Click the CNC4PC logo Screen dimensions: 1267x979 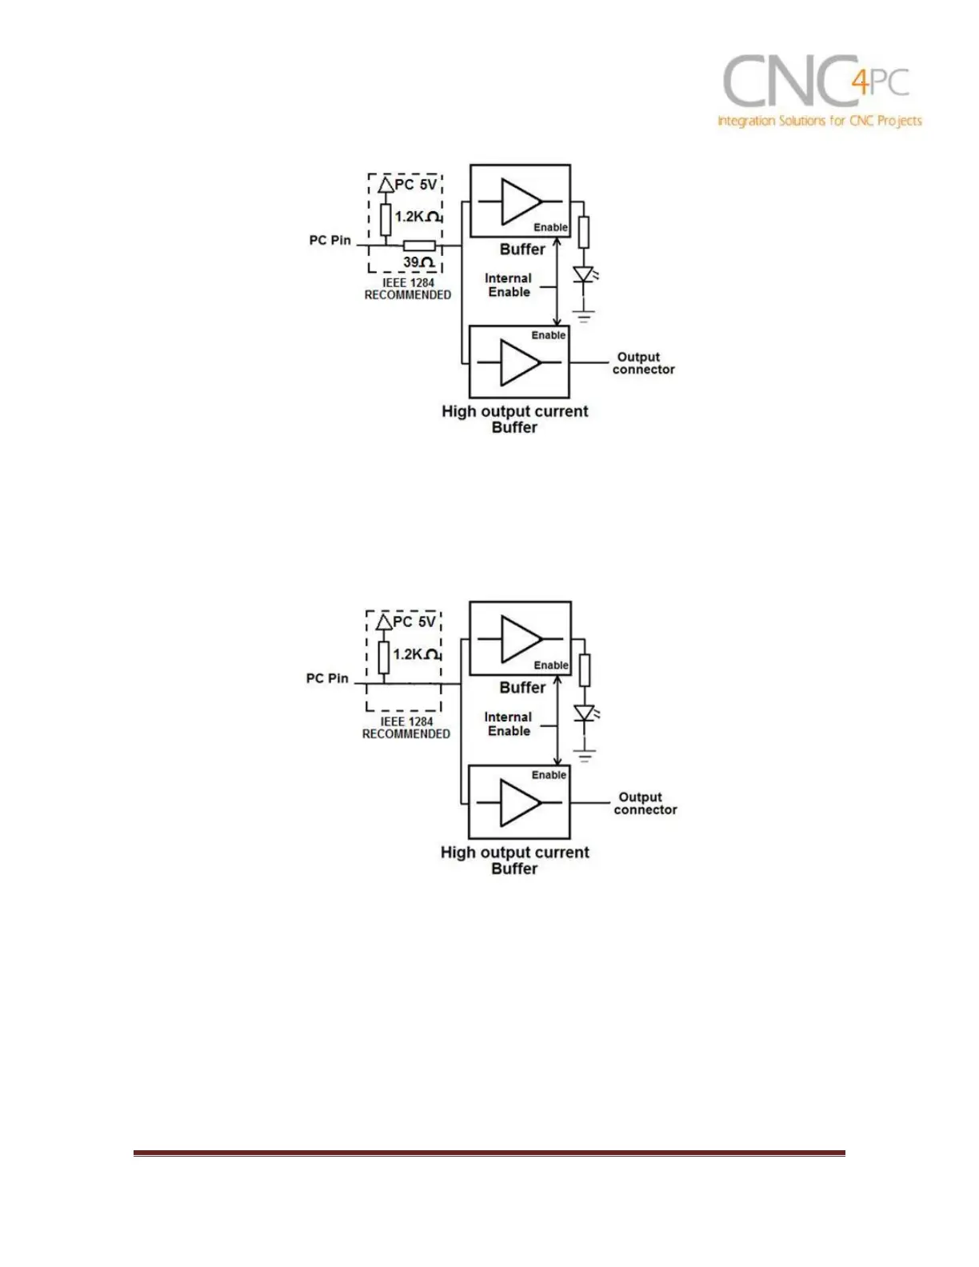[x=819, y=92]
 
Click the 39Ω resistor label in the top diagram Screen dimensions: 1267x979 [x=418, y=262]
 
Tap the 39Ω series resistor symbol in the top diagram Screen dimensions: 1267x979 [x=418, y=246]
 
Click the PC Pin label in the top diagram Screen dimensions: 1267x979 [x=330, y=240]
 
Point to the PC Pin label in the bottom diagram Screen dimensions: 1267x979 [x=327, y=678]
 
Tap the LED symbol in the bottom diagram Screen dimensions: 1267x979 [x=585, y=713]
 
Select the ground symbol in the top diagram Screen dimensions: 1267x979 [x=585, y=316]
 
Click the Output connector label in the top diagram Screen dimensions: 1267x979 [x=643, y=363]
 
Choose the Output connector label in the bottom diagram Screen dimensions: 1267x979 [x=645, y=803]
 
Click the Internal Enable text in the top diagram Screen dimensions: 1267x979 [x=509, y=285]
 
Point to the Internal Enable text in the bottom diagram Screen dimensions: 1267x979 [x=509, y=724]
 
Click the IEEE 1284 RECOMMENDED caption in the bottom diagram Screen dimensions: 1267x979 [x=406, y=727]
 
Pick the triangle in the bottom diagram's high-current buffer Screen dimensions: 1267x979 [x=520, y=803]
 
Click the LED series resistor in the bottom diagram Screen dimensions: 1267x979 [x=585, y=669]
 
